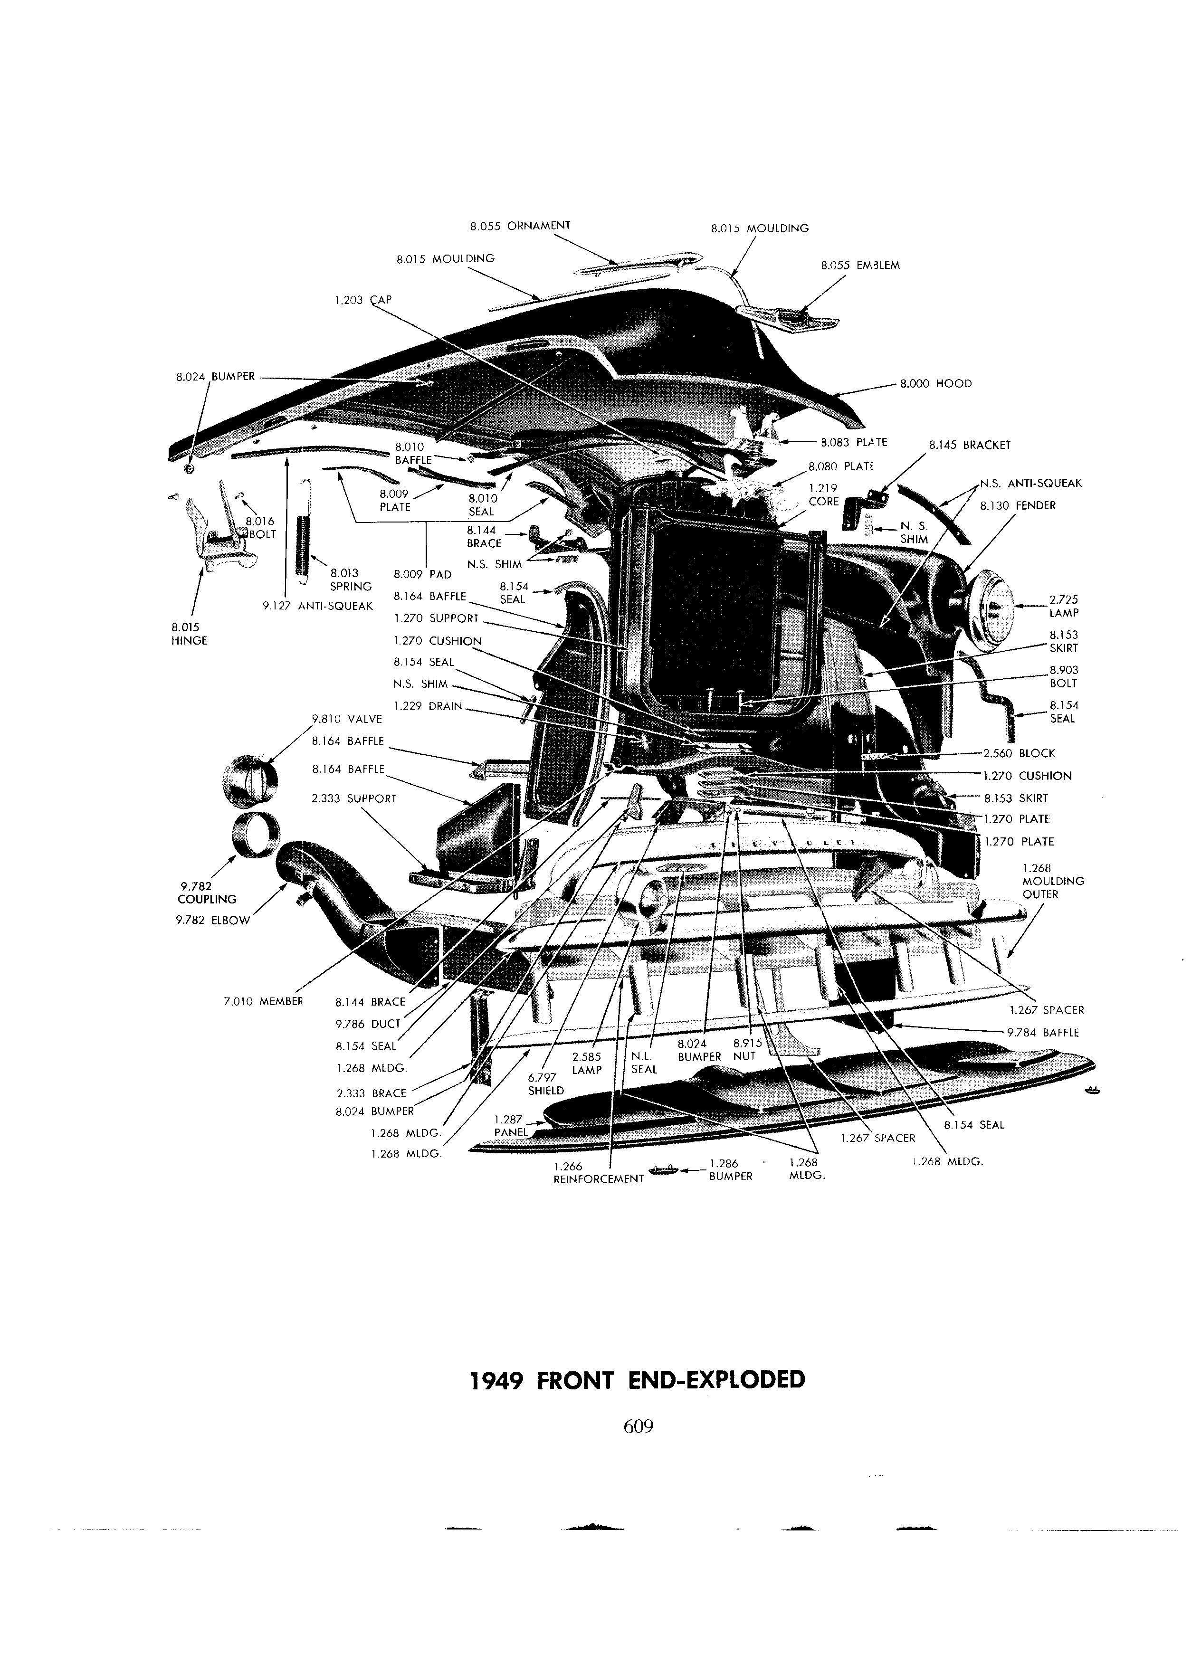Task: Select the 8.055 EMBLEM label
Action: point(860,265)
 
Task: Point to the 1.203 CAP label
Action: point(363,300)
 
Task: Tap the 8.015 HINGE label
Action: point(189,634)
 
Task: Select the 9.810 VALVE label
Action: point(346,720)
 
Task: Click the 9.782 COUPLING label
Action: point(207,893)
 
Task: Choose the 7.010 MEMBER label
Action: point(263,1001)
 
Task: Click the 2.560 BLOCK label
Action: point(1019,753)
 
